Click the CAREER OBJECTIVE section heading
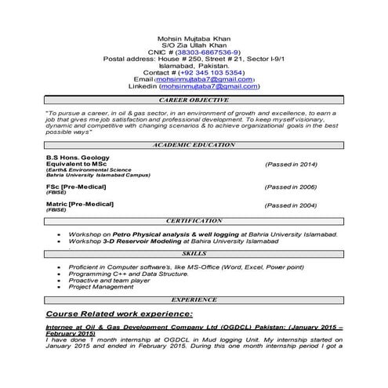coord(194,101)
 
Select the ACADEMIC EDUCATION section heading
coord(194,146)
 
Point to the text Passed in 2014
coord(291,165)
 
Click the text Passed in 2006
coord(291,187)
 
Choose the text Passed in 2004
coord(291,205)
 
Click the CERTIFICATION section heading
coord(194,222)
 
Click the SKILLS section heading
coord(194,255)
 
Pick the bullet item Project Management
coord(99,288)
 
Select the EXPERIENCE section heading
coord(194,300)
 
